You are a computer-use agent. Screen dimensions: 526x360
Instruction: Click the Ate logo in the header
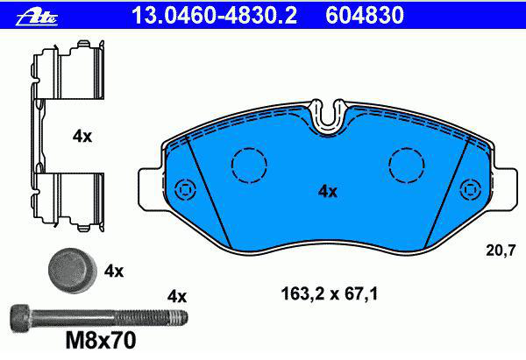37,16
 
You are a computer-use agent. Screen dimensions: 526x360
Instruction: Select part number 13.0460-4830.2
215,16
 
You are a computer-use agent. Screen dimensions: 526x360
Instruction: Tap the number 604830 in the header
365,16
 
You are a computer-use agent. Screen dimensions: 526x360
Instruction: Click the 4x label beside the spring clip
82,137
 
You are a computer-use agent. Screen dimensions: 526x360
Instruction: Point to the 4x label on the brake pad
328,192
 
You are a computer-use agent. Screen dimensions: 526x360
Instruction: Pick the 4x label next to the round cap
114,271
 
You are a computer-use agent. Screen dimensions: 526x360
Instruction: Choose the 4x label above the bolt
177,297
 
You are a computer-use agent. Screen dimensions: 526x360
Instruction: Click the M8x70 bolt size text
101,341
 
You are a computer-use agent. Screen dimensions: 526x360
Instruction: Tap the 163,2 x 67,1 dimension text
330,294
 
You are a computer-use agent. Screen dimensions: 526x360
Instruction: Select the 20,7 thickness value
501,251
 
